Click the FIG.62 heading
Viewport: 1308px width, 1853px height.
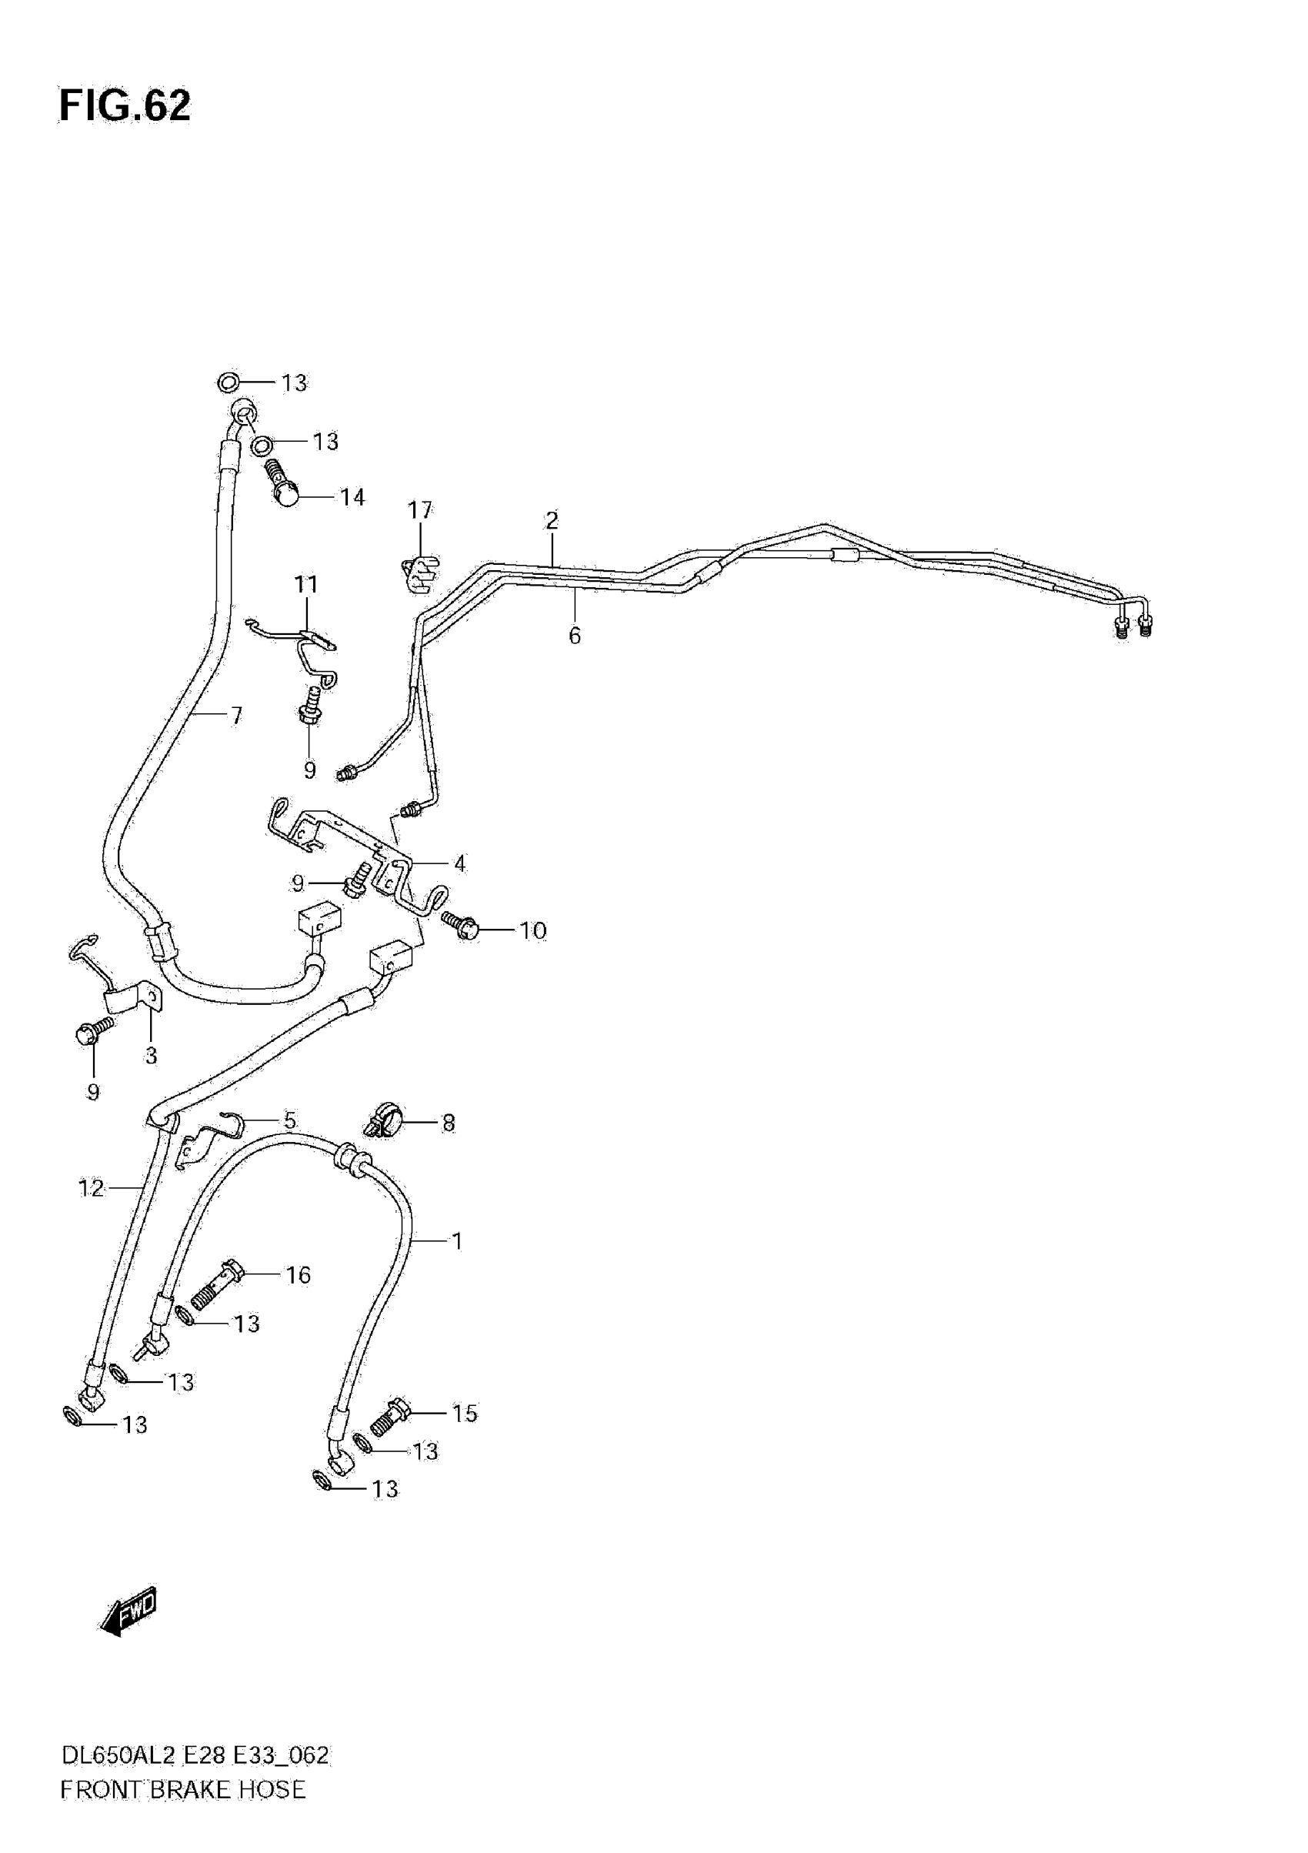point(125,106)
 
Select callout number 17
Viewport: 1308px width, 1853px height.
point(419,510)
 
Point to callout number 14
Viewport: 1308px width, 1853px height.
point(352,497)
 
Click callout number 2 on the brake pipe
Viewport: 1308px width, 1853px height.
point(552,520)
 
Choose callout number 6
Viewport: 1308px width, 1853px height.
point(575,636)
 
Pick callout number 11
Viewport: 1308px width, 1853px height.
point(305,583)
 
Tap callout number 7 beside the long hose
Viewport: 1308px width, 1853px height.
point(235,715)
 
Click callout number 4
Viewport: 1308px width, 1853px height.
point(459,863)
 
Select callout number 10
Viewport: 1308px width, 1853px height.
point(532,930)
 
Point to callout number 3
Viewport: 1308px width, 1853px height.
point(151,1056)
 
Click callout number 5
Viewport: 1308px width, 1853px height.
point(289,1120)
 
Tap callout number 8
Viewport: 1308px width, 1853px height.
point(449,1123)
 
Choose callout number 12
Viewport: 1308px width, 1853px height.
point(92,1188)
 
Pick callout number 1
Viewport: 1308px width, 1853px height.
point(457,1240)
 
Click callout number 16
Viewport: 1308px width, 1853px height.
point(298,1274)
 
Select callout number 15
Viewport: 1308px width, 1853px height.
point(464,1413)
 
